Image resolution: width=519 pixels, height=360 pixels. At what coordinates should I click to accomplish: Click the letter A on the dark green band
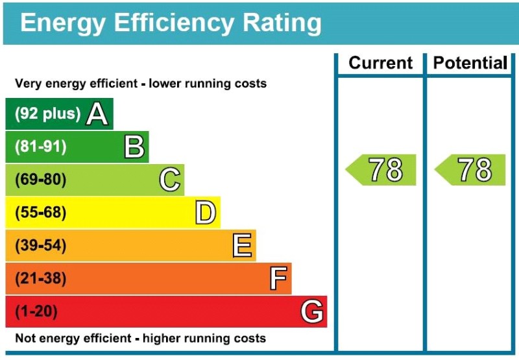(x=97, y=114)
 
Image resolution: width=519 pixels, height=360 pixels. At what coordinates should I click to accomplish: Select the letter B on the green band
(x=134, y=147)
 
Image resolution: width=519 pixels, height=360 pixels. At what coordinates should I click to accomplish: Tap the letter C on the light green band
(x=169, y=180)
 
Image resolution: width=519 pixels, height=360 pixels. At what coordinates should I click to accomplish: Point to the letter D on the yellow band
(x=205, y=213)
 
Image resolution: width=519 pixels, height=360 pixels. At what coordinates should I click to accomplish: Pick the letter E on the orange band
(x=241, y=246)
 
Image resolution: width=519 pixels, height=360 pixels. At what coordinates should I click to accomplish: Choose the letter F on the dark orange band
(x=278, y=279)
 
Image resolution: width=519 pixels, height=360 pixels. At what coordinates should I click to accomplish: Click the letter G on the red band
(x=312, y=312)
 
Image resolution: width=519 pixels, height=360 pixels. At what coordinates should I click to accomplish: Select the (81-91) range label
(x=41, y=147)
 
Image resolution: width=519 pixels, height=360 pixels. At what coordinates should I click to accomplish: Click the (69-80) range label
(x=41, y=180)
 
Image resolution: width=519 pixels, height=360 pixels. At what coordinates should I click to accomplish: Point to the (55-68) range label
(x=41, y=213)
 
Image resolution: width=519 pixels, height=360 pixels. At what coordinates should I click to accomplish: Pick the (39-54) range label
(x=41, y=246)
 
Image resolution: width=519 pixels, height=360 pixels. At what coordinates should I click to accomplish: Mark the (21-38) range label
(x=41, y=279)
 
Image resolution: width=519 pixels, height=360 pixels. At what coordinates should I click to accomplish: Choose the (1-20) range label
(x=36, y=312)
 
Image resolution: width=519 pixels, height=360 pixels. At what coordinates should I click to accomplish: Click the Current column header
(x=380, y=63)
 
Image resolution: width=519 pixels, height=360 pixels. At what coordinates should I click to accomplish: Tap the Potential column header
(x=470, y=63)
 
